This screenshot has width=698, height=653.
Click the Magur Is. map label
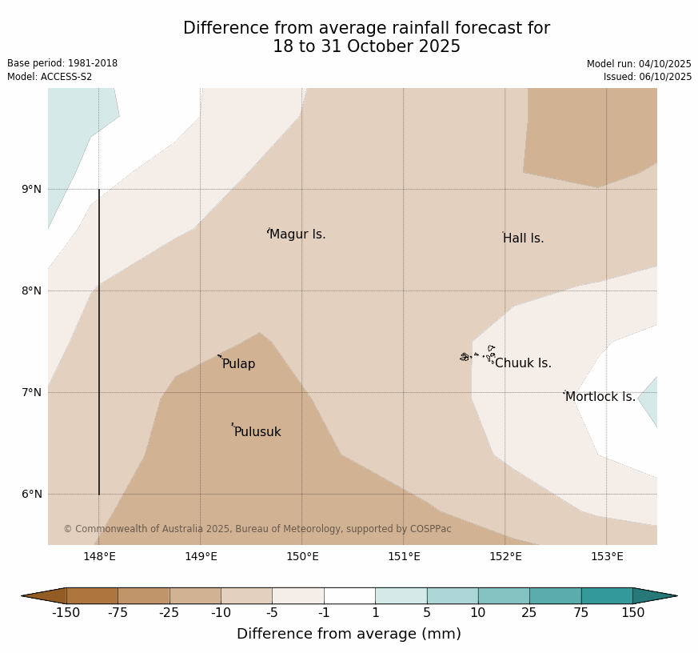297,234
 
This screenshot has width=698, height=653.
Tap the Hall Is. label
523,238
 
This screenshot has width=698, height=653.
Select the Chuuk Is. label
523,363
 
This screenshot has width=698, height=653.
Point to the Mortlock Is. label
600,397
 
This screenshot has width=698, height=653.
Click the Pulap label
238,364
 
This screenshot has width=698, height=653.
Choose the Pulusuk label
257,432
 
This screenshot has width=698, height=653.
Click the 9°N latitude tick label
32,190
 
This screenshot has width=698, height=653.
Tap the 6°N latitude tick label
32,494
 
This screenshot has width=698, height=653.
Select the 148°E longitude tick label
99,557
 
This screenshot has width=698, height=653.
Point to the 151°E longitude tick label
404,557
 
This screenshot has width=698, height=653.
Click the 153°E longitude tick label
607,557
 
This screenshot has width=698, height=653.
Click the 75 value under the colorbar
581,613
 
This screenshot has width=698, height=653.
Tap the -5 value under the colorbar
273,613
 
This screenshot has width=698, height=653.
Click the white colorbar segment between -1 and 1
349,595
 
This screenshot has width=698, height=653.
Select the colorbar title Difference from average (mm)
349,634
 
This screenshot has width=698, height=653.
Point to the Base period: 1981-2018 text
62,63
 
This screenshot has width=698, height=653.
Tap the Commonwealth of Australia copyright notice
257,529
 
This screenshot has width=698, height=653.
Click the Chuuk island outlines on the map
478,355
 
